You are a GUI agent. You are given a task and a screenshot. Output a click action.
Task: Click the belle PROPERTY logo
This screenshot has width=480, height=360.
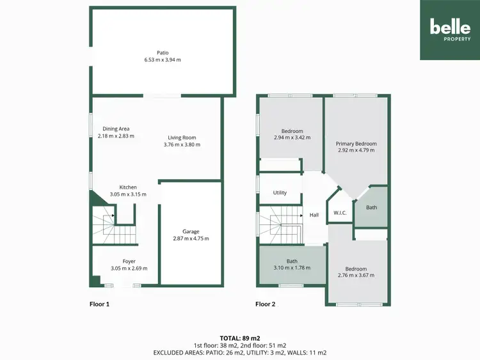450,30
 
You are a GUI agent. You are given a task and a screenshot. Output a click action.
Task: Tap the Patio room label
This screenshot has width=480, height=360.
163,53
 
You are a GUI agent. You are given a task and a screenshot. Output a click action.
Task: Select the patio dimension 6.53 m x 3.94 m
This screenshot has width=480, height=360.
163,60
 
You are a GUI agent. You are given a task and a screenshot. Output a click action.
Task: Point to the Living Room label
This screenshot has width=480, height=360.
182,137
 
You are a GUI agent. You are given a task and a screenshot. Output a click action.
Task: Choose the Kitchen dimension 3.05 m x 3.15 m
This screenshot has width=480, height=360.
128,194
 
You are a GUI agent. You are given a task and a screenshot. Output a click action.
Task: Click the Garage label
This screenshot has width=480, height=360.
191,231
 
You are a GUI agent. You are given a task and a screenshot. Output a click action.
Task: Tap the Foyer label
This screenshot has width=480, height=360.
129,261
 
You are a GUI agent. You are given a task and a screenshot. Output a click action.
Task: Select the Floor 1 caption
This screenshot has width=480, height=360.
99,304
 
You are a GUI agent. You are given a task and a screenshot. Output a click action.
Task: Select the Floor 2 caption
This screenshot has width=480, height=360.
265,304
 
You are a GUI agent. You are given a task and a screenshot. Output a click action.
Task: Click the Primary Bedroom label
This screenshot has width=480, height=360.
356,144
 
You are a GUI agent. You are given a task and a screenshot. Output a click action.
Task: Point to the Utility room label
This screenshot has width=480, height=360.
280,192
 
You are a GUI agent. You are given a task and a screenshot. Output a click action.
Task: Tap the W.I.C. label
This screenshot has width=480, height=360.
339,213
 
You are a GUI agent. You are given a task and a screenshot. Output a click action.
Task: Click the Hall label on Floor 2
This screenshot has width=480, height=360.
314,215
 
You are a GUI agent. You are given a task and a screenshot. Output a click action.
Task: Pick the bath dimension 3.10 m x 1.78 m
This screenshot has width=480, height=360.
291,268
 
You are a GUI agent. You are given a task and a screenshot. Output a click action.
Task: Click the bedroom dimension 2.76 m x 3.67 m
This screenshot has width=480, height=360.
356,276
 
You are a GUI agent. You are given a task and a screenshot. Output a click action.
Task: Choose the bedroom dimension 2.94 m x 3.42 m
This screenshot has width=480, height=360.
291,137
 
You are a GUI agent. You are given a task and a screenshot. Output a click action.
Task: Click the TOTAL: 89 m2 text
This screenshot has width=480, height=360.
240,338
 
